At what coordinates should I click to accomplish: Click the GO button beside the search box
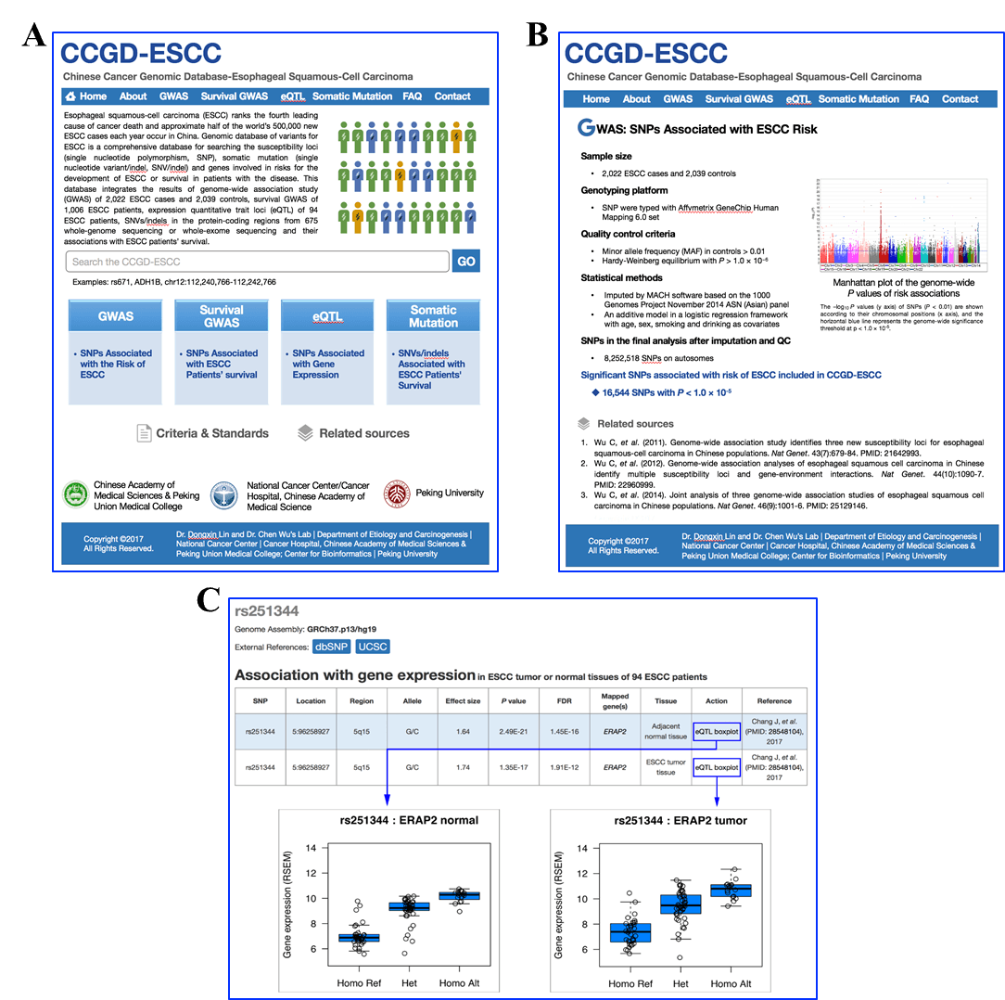pyautogui.click(x=466, y=262)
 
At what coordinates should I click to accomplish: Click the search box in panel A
pyautogui.click(x=257, y=262)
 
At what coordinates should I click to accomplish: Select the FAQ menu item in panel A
pyautogui.click(x=412, y=96)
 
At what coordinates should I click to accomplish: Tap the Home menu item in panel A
pyautogui.click(x=86, y=96)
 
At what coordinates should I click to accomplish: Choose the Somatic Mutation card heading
pyautogui.click(x=433, y=316)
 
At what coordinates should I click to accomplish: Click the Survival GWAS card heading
pyautogui.click(x=222, y=316)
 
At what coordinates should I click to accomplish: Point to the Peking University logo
pyautogui.click(x=397, y=494)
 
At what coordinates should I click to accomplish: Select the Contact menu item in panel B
pyautogui.click(x=960, y=99)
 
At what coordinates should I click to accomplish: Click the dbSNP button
pyautogui.click(x=330, y=647)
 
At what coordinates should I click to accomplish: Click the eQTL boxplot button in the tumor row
pyautogui.click(x=717, y=767)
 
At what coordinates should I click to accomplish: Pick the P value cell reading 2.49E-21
pyautogui.click(x=513, y=732)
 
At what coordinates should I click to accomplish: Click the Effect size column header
pyautogui.click(x=463, y=700)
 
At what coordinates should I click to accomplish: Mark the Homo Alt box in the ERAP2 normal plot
pyautogui.click(x=459, y=895)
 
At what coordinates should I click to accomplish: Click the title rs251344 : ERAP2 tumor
pyautogui.click(x=681, y=820)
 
